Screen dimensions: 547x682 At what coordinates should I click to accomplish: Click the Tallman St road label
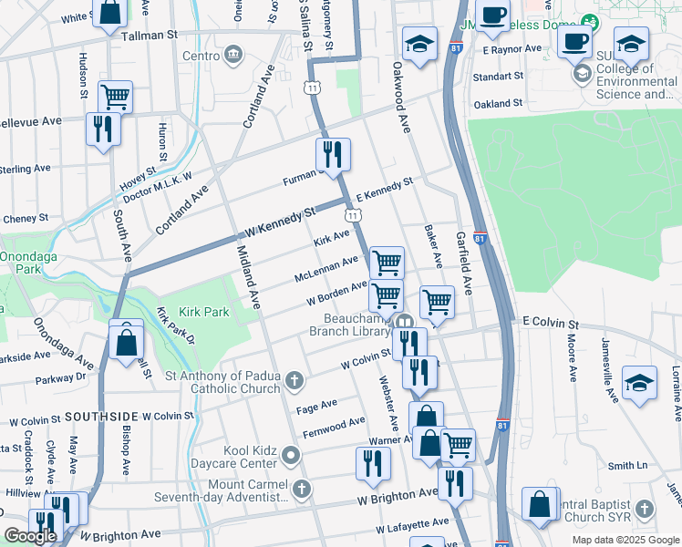point(146,35)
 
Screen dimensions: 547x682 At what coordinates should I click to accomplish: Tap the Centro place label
point(201,56)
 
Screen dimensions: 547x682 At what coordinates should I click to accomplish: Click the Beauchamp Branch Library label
point(356,325)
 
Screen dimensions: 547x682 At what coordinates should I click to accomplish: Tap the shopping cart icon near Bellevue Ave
point(115,96)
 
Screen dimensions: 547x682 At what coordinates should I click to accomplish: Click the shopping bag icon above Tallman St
point(109,14)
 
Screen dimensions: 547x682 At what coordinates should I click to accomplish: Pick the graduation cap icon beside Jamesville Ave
point(639,384)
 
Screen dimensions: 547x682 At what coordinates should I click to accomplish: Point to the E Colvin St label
point(551,324)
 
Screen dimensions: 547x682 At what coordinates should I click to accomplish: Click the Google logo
point(30,536)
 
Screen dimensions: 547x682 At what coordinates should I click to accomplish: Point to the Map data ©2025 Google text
point(625,540)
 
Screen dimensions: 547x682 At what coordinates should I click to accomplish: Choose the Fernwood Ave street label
point(334,427)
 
